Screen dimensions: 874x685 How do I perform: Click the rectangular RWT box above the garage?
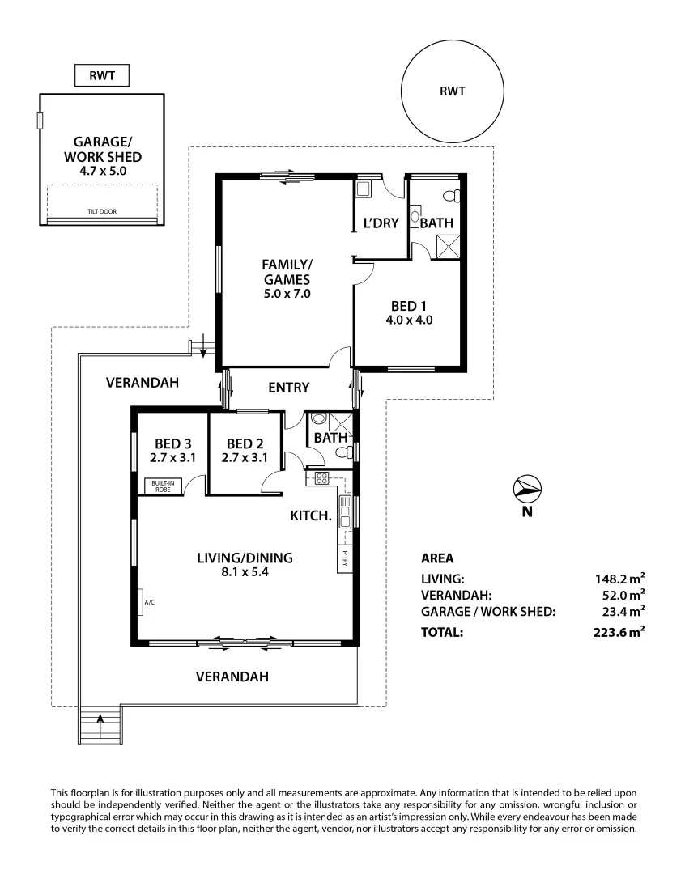pyautogui.click(x=100, y=77)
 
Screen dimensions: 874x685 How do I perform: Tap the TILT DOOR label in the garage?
pyautogui.click(x=102, y=211)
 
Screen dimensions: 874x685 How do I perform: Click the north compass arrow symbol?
pyautogui.click(x=527, y=487)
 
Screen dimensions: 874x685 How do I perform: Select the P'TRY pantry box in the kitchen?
pyautogui.click(x=345, y=558)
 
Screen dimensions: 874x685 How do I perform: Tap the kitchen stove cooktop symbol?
pyautogui.click(x=321, y=477)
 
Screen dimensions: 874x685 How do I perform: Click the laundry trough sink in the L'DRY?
pyautogui.click(x=364, y=189)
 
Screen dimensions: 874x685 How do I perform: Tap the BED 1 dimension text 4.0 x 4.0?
pyautogui.click(x=411, y=320)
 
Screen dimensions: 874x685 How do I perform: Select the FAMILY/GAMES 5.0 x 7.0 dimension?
pyautogui.click(x=287, y=294)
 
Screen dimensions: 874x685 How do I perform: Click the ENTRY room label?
pyautogui.click(x=288, y=388)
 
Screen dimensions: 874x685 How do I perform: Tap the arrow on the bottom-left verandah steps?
pyautogui.click(x=101, y=724)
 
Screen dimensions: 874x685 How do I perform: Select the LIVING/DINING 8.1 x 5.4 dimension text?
pyautogui.click(x=245, y=573)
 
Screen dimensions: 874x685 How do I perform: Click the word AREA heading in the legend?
pyautogui.click(x=437, y=558)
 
